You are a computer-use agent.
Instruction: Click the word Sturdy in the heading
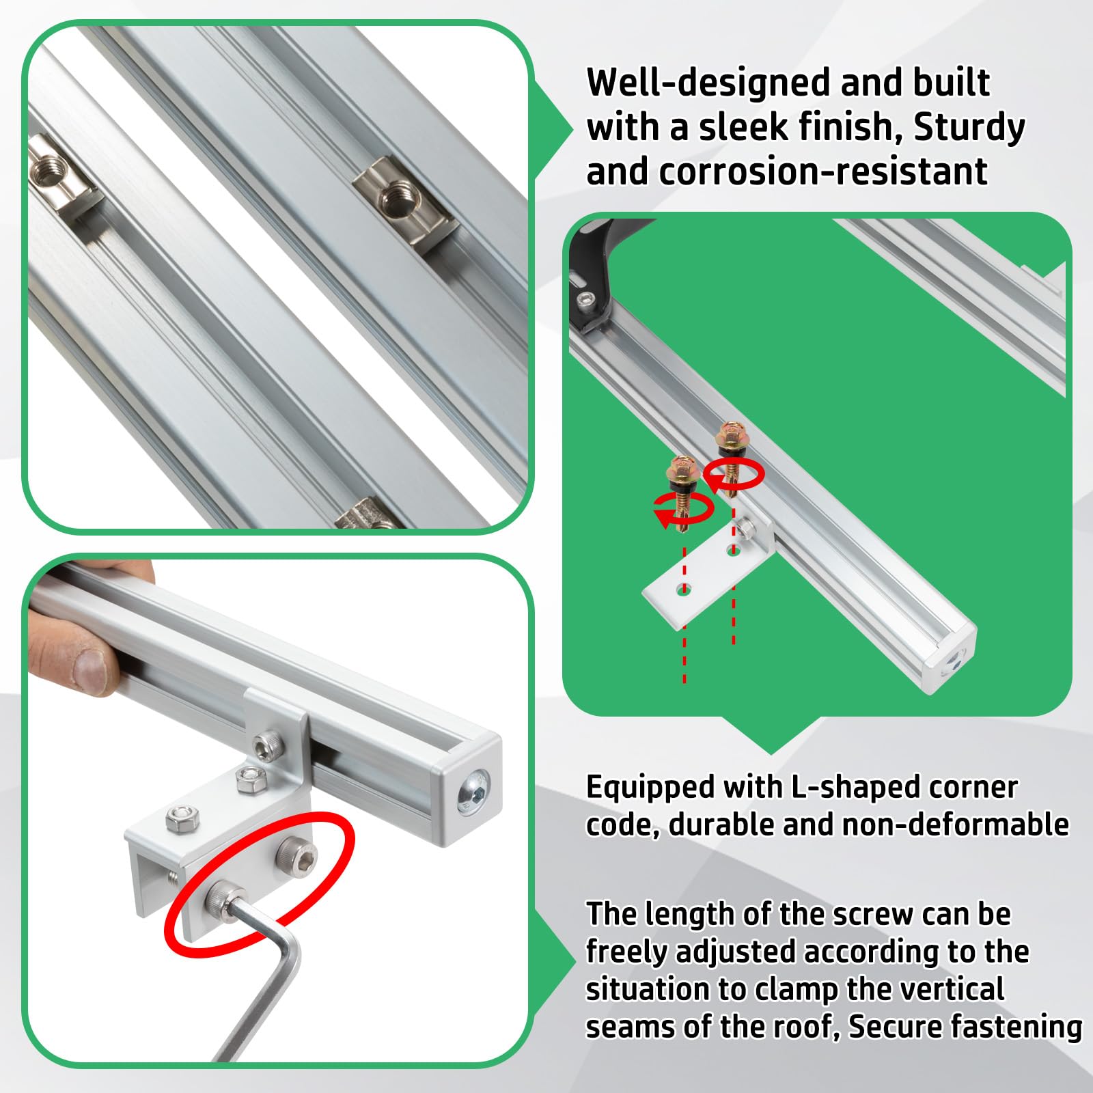click(969, 128)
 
